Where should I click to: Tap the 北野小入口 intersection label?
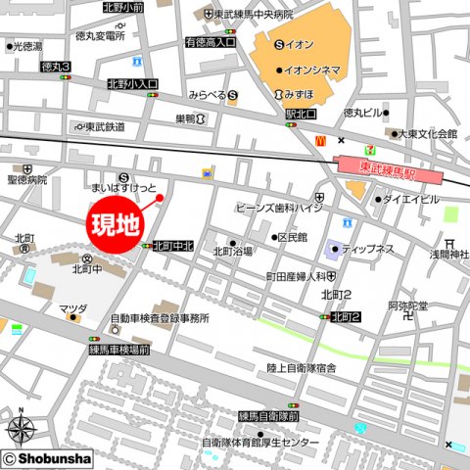click(x=132, y=84)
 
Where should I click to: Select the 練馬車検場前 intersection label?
click(x=118, y=349)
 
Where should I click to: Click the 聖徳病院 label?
click(x=26, y=180)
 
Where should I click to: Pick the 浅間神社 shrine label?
click(x=448, y=257)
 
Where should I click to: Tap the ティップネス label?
click(x=367, y=249)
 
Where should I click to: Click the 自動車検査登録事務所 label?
click(x=159, y=318)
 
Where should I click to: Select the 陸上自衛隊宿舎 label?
click(x=302, y=367)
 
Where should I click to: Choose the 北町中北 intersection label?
click(x=174, y=246)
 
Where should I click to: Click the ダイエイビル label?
click(x=410, y=199)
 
